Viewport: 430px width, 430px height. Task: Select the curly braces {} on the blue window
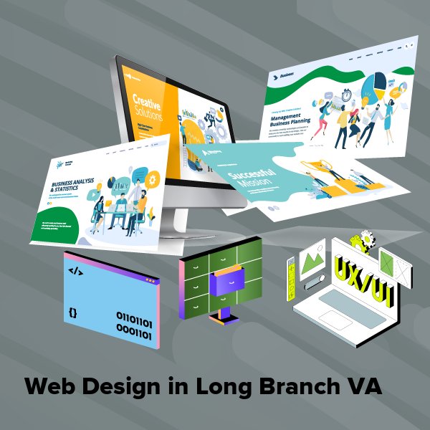(x=73, y=313)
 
